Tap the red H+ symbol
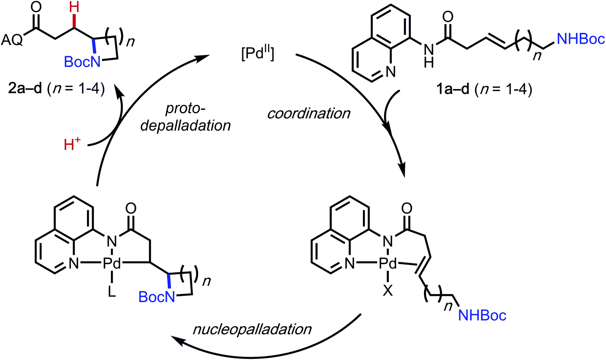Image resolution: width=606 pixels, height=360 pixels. [72, 145]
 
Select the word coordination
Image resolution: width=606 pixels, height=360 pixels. [309, 114]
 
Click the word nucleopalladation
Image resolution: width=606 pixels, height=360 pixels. [252, 329]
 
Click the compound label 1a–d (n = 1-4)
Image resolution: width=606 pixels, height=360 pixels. [484, 89]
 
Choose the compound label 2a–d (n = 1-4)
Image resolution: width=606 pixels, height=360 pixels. [56, 89]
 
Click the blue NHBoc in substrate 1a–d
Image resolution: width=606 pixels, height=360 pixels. [581, 39]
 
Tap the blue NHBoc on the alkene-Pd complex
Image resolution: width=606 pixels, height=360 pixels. [482, 315]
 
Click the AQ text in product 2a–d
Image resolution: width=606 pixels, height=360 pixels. [12, 40]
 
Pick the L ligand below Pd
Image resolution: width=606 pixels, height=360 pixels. [112, 292]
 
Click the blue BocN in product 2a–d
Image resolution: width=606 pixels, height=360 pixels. [82, 62]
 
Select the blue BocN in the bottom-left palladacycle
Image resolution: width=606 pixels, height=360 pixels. [157, 297]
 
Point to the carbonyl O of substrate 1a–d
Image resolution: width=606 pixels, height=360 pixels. [448, 16]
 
